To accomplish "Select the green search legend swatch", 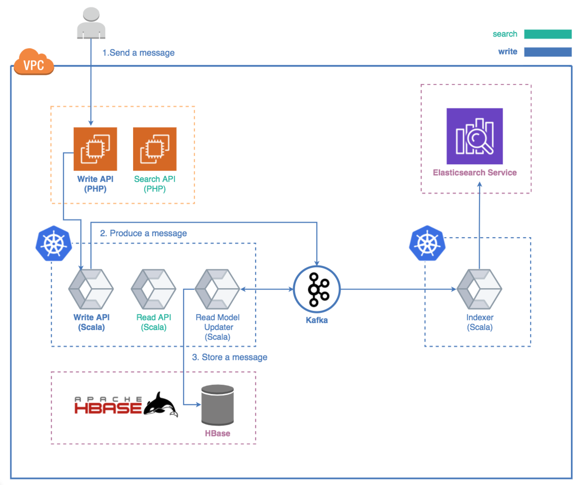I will point(548,34).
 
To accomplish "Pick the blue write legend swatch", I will point(548,52).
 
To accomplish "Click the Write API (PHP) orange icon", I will point(95,149).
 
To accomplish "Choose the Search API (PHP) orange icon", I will point(155,149).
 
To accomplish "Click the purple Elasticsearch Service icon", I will point(475,136).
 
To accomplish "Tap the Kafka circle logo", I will point(318,290).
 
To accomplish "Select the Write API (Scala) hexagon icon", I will point(91,290).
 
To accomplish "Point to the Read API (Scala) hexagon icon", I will point(154,290).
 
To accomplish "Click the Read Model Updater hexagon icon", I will point(217,290).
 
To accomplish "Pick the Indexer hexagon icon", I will point(480,290).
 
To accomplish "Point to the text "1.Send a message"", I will point(138,52).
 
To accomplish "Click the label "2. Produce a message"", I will point(143,233).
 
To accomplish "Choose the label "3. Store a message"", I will point(230,357).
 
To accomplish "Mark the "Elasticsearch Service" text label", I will point(475,173).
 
